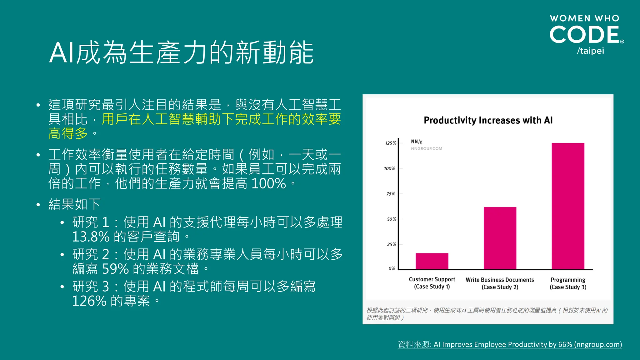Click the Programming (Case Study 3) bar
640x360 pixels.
pyautogui.click(x=568, y=206)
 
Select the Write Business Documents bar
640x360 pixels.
pyautogui.click(x=500, y=238)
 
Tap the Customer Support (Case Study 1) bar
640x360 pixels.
pyautogui.click(x=432, y=261)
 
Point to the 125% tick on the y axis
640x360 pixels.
pyautogui.click(x=391, y=143)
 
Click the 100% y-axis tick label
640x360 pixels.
pyautogui.click(x=390, y=168)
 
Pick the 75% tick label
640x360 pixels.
pyautogui.click(x=391, y=194)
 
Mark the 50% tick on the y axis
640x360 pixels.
pyautogui.click(x=391, y=219)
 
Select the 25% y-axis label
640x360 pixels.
pyautogui.click(x=391, y=244)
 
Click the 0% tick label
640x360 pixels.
pyautogui.click(x=392, y=268)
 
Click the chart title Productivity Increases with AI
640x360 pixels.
pyautogui.click(x=488, y=120)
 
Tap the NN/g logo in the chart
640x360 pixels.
pyautogui.click(x=417, y=142)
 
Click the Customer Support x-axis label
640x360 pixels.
pyautogui.click(x=432, y=283)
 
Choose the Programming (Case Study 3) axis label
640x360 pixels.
pyautogui.click(x=568, y=283)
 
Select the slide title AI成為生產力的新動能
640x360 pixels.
pyautogui.click(x=181, y=52)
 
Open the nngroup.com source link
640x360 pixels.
pyautogui.click(x=510, y=344)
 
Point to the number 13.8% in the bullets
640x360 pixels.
pyautogui.click(x=91, y=237)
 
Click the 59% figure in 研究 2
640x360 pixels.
pyautogui.click(x=115, y=269)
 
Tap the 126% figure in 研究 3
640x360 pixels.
pyautogui.click(x=89, y=301)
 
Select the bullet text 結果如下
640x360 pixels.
pyautogui.click(x=74, y=204)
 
